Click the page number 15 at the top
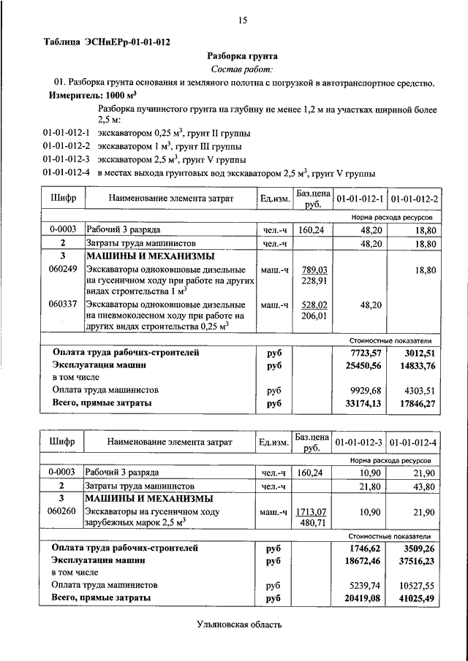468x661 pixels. pos(242,21)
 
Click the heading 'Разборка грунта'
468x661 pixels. pos(241,55)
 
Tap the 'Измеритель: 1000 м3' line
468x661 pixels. pos(93,96)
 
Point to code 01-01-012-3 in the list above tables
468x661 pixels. pos(66,159)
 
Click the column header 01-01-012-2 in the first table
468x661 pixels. pos(414,199)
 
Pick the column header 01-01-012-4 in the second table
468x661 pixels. pos(414,443)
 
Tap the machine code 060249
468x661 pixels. pos(63,270)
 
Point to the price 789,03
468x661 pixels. pos(313,270)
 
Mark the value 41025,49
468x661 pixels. pos(418,598)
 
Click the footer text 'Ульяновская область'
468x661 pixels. pos(238,624)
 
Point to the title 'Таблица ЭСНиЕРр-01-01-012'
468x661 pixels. pos(107,42)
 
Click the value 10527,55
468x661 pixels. pos(418,585)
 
